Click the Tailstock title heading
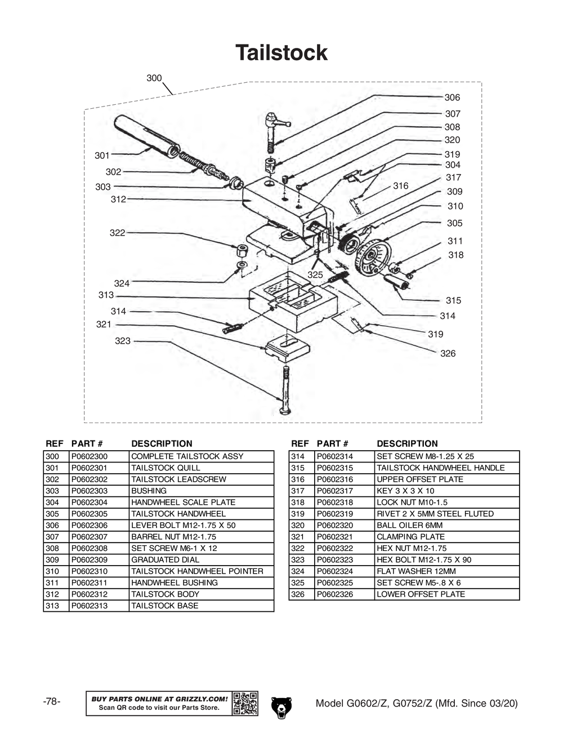281,53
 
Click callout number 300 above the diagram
154,78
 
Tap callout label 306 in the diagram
452,97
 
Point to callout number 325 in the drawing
315,275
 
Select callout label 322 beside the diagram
117,233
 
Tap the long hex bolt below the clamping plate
285,389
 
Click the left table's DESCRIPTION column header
162,443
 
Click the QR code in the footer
245,703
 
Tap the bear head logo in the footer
281,705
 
